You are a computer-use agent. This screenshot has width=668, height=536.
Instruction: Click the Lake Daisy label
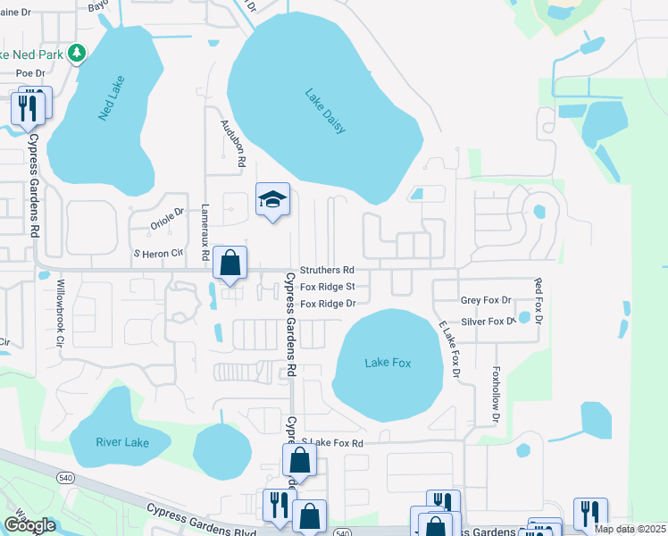pyautogui.click(x=324, y=111)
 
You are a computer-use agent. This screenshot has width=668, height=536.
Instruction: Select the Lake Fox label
pyautogui.click(x=388, y=362)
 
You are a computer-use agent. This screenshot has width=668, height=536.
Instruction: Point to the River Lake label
pyautogui.click(x=121, y=442)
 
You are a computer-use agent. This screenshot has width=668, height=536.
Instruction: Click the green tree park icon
pyautogui.click(x=77, y=54)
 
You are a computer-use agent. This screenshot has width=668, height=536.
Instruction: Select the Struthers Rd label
pyautogui.click(x=327, y=269)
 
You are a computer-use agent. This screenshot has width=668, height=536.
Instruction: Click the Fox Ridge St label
pyautogui.click(x=328, y=287)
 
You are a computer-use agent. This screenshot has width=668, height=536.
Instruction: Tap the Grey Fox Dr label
pyautogui.click(x=486, y=301)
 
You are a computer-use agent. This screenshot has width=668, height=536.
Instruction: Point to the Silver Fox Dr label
pyautogui.click(x=488, y=322)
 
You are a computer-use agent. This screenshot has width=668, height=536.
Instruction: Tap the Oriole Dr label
pyautogui.click(x=166, y=219)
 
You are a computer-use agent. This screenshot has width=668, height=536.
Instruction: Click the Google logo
pyautogui.click(x=29, y=525)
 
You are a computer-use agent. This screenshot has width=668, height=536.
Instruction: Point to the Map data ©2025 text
pyautogui.click(x=630, y=529)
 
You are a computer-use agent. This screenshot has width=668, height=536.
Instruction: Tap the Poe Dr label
pyautogui.click(x=29, y=72)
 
